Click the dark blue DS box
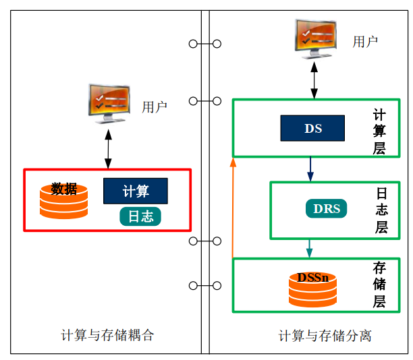pos(312,128)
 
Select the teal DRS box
pos(327,208)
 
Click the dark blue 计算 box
pos(135,191)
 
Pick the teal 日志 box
pos(140,216)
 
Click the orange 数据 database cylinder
pos(63,200)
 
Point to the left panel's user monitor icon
pos(108,103)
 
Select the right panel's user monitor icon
pos(314,38)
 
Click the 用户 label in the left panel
pos(155,107)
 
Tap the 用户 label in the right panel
pos(365,42)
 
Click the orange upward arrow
pos(233,209)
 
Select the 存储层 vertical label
pos(380,284)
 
